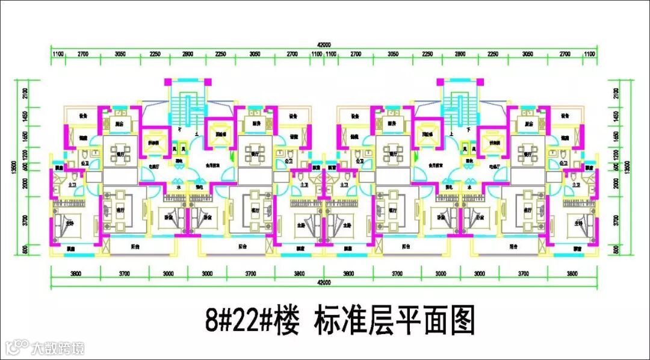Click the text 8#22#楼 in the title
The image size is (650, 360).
(x=252, y=320)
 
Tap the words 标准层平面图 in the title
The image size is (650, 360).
(x=394, y=320)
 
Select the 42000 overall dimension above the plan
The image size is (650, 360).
(x=324, y=45)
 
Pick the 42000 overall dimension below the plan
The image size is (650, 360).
(x=324, y=281)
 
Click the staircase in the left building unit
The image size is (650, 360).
(x=187, y=108)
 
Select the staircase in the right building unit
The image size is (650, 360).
(x=460, y=108)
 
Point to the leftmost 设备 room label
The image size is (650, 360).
(x=83, y=116)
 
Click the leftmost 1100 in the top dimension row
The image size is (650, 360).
(x=58, y=54)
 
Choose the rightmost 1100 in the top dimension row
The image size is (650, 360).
(x=591, y=54)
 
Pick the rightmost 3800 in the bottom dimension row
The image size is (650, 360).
(x=572, y=273)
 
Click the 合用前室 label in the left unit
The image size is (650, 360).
(x=209, y=163)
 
